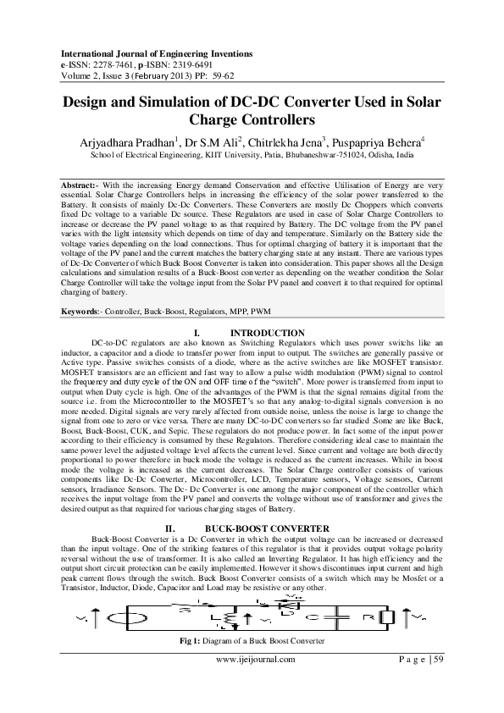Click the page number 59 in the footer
438,659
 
